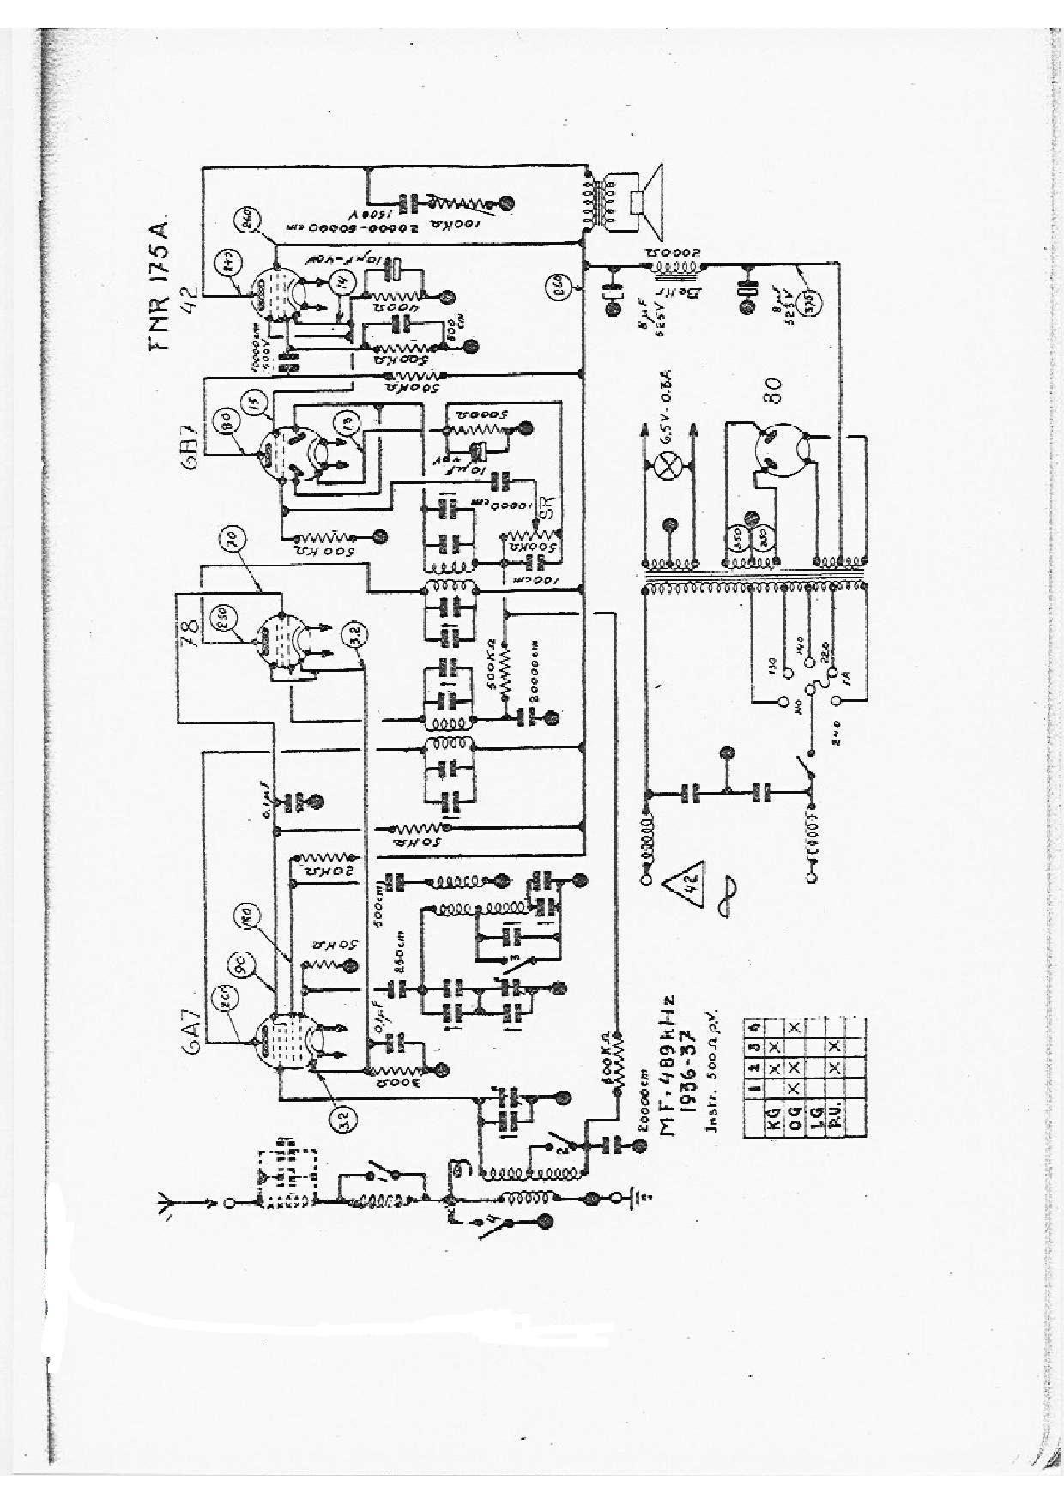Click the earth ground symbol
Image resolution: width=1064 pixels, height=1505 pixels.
[x=635, y=1200]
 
